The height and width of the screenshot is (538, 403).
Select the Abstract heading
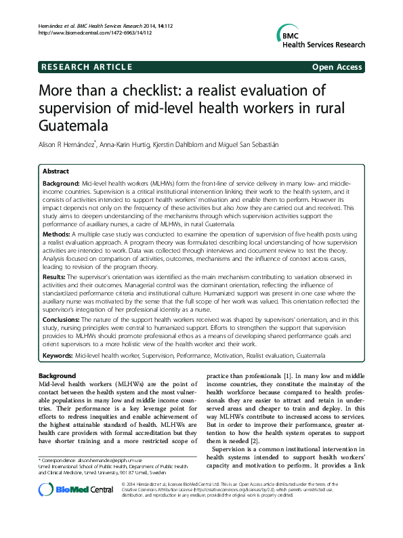(56, 171)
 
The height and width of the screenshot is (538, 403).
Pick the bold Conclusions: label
(62, 319)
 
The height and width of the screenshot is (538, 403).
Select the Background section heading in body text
(57, 375)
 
